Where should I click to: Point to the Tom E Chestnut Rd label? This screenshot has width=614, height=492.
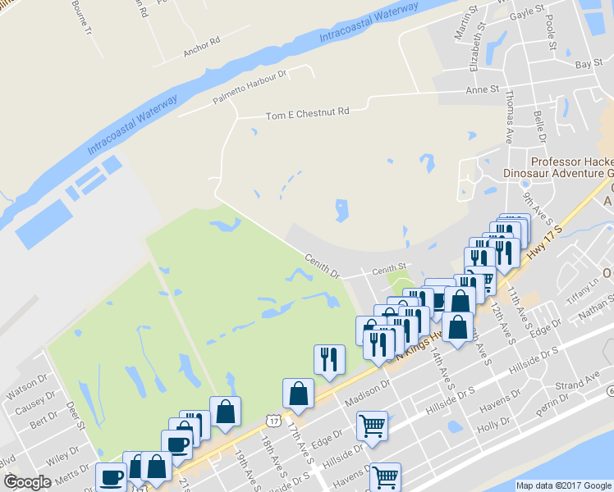coord(307,114)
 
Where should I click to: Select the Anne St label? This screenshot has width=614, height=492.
coord(482,89)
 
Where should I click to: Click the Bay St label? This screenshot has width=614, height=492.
coord(584,63)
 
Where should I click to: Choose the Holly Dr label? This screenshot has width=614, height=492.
coord(493,426)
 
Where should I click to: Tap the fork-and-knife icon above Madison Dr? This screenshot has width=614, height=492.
coord(329,358)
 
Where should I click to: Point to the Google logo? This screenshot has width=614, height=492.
coord(26,483)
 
